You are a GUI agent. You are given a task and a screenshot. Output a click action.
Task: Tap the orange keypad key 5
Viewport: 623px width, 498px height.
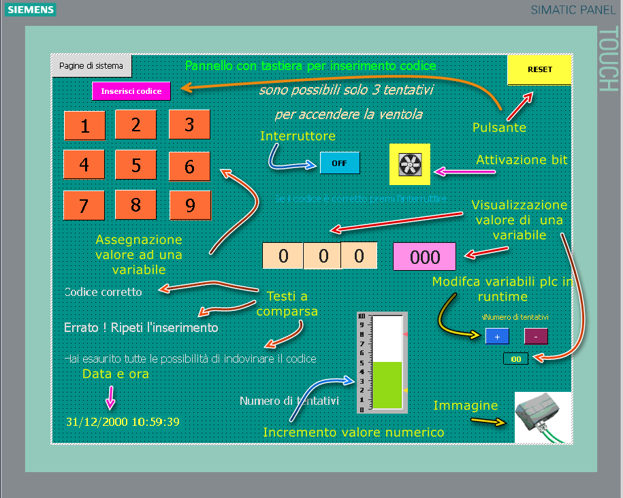point(136,165)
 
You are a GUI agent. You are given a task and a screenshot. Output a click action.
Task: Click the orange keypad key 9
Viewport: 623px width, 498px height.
point(190,205)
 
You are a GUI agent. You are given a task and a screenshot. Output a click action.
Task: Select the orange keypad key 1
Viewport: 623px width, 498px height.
point(84,126)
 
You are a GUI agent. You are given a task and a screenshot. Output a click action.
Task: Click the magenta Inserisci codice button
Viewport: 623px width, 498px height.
point(131,91)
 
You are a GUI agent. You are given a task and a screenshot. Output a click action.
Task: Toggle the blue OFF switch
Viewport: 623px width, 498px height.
point(339,163)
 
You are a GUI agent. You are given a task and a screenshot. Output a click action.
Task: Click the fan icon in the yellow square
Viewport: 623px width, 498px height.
point(410,165)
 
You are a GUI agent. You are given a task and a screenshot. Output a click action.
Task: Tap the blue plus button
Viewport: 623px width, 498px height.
point(496,336)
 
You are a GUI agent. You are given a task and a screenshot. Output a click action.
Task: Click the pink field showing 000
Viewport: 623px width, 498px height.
point(425,256)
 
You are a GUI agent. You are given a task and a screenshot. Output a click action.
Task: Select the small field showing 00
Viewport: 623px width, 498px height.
point(515,359)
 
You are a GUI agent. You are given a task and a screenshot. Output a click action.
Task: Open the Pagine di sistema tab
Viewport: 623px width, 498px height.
point(91,66)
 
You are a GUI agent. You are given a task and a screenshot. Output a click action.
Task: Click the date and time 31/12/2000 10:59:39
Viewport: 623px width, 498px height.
point(123,422)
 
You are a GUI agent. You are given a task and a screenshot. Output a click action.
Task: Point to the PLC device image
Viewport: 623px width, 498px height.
point(542,417)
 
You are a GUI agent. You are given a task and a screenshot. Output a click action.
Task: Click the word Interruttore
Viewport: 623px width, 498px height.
point(298,136)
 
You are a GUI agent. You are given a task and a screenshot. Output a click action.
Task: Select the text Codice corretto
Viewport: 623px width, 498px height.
point(103,292)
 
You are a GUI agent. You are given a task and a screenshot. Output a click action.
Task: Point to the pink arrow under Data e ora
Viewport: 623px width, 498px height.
point(110,396)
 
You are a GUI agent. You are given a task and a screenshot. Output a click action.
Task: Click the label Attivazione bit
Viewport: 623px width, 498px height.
point(522,160)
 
